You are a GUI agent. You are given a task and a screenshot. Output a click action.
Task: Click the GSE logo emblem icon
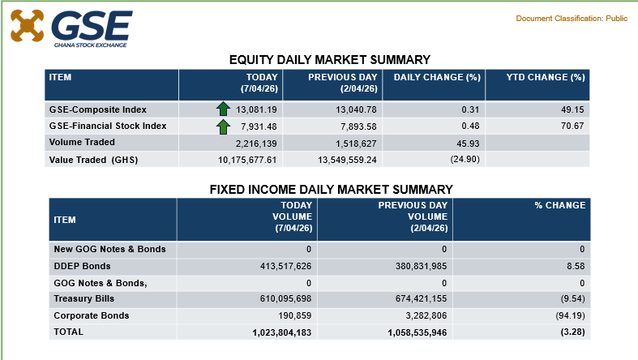click(x=27, y=25)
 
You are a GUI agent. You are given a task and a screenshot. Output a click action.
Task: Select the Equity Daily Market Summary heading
click(x=329, y=59)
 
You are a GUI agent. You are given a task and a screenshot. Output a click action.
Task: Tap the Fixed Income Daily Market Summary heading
click(x=331, y=189)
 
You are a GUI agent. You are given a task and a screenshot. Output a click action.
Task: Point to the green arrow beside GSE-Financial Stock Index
click(x=223, y=126)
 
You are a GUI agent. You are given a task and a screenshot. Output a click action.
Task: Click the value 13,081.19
click(x=258, y=109)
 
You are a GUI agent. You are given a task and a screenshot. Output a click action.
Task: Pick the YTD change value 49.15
click(x=573, y=109)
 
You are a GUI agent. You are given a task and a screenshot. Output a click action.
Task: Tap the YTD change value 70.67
click(x=573, y=126)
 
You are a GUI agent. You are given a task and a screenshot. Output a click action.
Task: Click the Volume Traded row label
click(x=83, y=143)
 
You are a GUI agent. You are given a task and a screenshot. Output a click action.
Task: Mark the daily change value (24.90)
click(x=465, y=160)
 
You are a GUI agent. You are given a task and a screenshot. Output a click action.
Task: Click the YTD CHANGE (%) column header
click(x=546, y=77)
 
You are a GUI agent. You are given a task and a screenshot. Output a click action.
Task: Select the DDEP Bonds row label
click(x=82, y=266)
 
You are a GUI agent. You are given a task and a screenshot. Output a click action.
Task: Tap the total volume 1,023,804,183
click(x=272, y=332)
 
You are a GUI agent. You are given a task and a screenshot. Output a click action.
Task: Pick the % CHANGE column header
click(x=559, y=206)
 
